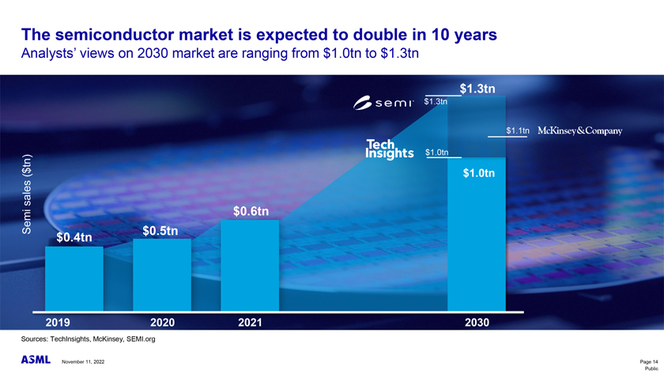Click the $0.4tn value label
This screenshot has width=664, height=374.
pos(74,237)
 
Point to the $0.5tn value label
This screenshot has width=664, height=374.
pos(160,231)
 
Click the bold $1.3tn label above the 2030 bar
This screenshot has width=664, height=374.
pos(477,88)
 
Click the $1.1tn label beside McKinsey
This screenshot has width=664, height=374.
pos(518,130)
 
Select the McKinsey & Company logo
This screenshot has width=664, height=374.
pos(580,130)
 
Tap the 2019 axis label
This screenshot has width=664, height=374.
pos(60,323)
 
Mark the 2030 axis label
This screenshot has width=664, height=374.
pos(477,323)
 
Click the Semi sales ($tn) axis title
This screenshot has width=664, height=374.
pos(26,193)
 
